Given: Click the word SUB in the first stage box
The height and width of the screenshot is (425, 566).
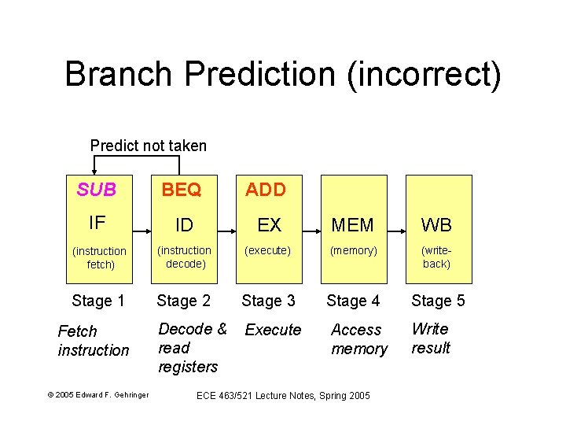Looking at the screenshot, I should pos(97,190).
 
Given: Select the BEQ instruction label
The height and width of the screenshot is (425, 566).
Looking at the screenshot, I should pos(181,190).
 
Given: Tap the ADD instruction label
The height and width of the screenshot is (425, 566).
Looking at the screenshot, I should pos(266,190).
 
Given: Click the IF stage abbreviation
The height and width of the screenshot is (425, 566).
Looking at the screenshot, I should pos(97,224).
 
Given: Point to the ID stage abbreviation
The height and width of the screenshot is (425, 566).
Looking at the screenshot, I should pos(184,225).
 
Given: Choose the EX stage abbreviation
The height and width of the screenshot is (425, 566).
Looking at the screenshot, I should pos(269,225).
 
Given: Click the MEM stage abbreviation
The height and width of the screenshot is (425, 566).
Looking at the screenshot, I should pos(353,225).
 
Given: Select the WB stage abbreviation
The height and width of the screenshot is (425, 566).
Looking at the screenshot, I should pos(436,225).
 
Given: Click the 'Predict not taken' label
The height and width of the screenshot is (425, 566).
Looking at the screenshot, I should pos(148,146).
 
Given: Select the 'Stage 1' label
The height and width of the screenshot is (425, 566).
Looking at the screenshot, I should pos(98,301).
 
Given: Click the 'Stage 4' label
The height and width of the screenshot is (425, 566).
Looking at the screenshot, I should pos(353,301).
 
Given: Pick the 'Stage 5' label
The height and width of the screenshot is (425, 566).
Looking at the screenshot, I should pos(438,301).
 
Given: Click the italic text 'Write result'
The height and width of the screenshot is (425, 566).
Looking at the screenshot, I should pos(431,338).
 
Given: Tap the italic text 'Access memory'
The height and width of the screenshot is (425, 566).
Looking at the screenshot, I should pos(358,339).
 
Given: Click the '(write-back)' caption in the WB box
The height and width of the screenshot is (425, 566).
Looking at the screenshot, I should pos(436,257).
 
